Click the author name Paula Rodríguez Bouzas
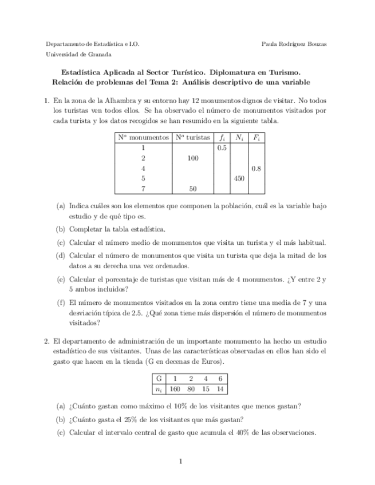click(x=294, y=44)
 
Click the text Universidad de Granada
click(x=78, y=54)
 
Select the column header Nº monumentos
click(x=143, y=138)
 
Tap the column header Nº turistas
click(x=192, y=138)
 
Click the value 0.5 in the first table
click(x=222, y=148)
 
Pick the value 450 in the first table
click(x=239, y=178)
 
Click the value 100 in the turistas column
click(x=192, y=158)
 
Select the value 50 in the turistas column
click(x=192, y=189)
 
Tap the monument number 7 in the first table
click(x=143, y=189)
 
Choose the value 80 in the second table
click(x=191, y=389)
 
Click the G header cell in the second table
click(x=158, y=379)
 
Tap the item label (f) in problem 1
click(x=61, y=303)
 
